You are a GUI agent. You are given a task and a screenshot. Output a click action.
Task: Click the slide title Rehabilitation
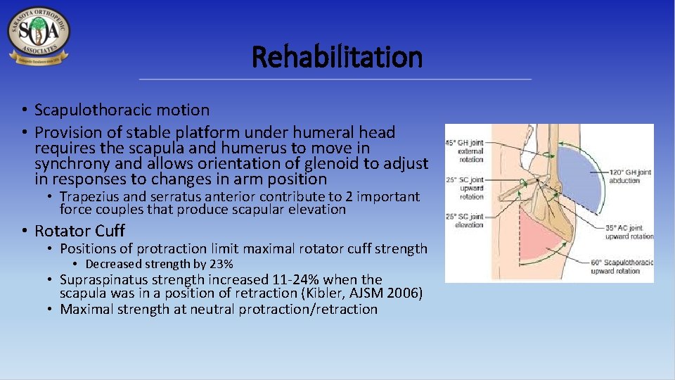point(337,57)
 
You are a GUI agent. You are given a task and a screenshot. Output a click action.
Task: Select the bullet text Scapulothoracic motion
point(122,110)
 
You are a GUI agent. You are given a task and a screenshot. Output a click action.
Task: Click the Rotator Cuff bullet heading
point(79,230)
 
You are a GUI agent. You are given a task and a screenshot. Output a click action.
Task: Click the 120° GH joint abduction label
point(625,176)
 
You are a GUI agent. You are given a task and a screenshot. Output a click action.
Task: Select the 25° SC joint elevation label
point(465,220)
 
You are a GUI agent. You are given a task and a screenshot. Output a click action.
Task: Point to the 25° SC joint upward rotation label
point(465,188)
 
